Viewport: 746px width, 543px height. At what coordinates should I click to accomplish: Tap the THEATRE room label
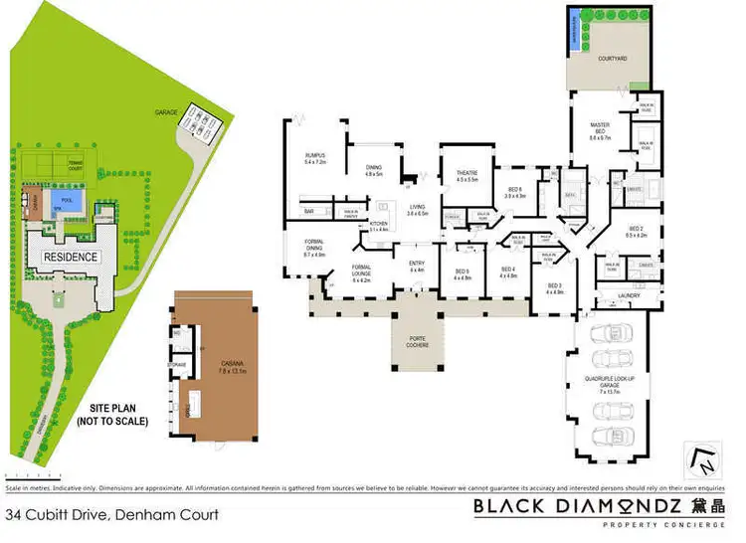tap(467, 176)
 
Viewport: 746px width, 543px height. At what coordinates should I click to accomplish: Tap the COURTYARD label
tap(612, 58)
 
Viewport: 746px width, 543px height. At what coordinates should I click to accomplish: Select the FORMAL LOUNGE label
tap(361, 271)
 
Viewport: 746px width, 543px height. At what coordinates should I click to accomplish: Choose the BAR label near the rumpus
tap(308, 212)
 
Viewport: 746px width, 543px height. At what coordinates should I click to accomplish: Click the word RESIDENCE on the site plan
tap(70, 257)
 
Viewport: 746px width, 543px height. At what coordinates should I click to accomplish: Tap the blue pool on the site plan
tap(69, 200)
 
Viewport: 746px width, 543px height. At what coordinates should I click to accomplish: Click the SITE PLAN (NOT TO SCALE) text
tap(112, 414)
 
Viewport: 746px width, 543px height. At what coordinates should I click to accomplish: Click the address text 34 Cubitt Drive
tap(111, 515)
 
